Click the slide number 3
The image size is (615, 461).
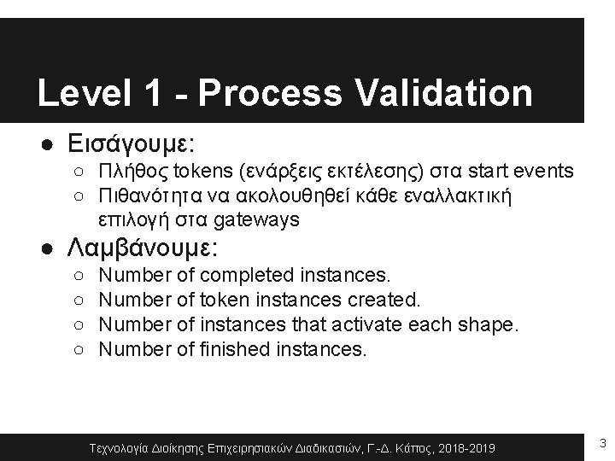[x=603, y=443]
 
